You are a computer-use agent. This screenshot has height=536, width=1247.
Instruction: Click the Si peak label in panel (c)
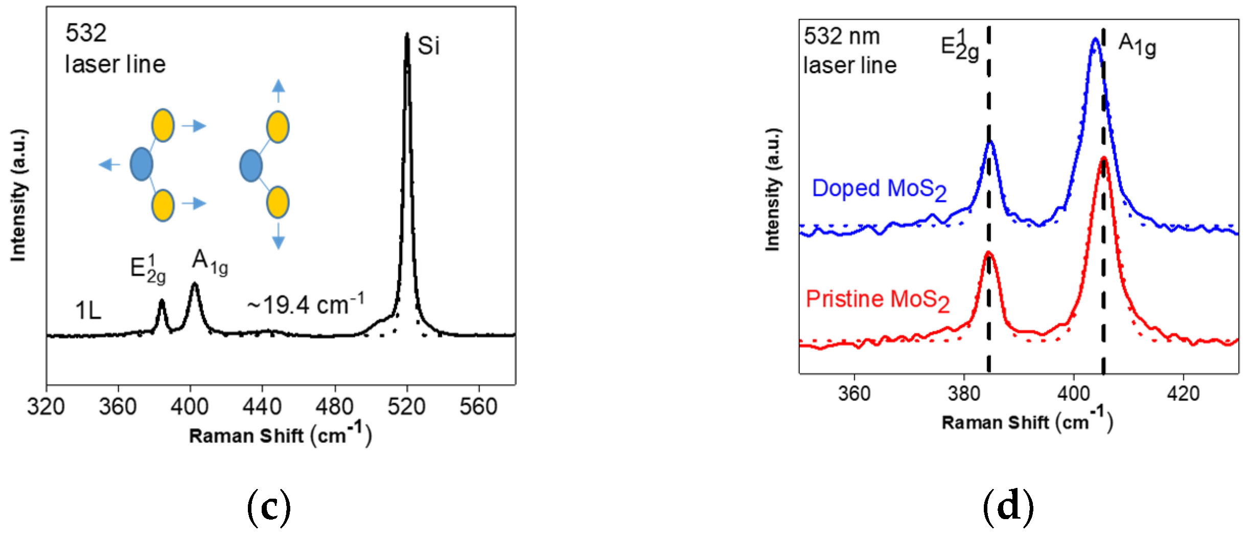(428, 46)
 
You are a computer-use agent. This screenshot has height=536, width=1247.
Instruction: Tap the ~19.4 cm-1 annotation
(306, 305)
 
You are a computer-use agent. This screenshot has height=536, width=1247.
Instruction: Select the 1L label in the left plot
(88, 310)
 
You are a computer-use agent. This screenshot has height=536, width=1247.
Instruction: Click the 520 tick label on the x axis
(406, 407)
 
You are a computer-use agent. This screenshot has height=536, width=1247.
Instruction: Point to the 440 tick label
(262, 407)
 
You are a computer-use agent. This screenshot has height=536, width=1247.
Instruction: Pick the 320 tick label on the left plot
(46, 407)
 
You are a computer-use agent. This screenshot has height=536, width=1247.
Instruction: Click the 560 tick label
(478, 407)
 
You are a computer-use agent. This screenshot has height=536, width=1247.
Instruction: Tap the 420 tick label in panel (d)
(1183, 394)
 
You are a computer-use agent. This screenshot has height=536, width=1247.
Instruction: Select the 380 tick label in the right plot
(964, 394)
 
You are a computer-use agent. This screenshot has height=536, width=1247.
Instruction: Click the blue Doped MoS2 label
(879, 189)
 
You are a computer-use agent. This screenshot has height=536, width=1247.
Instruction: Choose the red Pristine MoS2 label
(877, 300)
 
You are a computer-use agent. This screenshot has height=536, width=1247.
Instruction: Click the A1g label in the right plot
(1137, 45)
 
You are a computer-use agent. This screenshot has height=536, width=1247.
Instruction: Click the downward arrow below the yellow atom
(278, 236)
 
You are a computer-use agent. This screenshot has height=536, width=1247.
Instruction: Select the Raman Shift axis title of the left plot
(280, 435)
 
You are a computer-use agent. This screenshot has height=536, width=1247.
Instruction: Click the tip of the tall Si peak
(407, 35)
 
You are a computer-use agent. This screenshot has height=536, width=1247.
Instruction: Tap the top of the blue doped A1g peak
(1095, 39)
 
